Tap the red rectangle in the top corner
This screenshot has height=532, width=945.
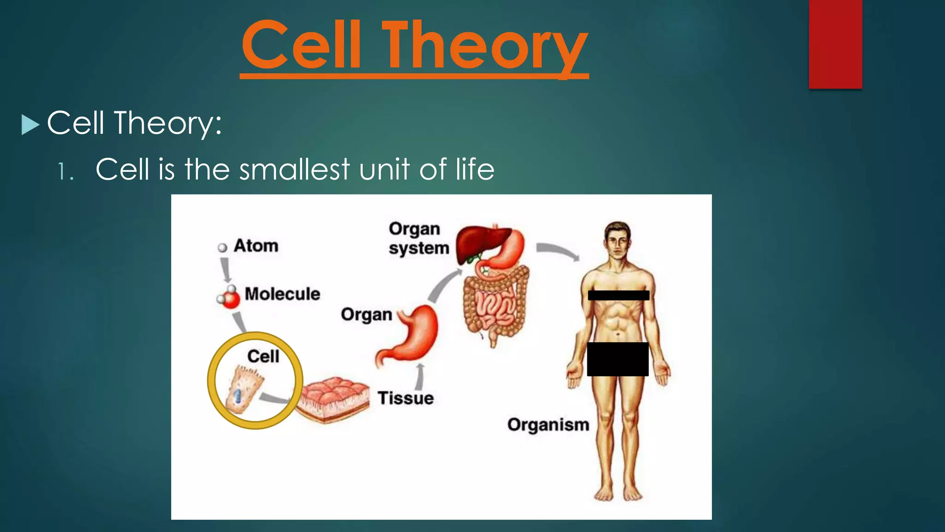(x=835, y=44)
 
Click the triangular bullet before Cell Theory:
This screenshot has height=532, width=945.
(x=30, y=125)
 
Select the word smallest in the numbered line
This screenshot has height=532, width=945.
(x=294, y=169)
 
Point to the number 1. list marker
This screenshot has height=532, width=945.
(x=65, y=172)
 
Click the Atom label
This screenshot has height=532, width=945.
(x=256, y=246)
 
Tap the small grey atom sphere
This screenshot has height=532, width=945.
(x=222, y=248)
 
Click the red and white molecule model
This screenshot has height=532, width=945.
(x=229, y=297)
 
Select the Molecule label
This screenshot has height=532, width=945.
(x=282, y=294)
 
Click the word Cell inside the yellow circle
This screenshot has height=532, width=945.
(x=263, y=356)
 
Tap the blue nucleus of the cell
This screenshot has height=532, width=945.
(x=237, y=396)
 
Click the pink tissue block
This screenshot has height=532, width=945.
(x=333, y=398)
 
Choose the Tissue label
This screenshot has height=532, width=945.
(x=406, y=398)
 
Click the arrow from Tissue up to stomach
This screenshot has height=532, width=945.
(x=420, y=376)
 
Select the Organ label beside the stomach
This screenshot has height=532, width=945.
(x=366, y=314)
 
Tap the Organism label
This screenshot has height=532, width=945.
(x=548, y=424)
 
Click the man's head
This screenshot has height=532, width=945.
(x=617, y=239)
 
